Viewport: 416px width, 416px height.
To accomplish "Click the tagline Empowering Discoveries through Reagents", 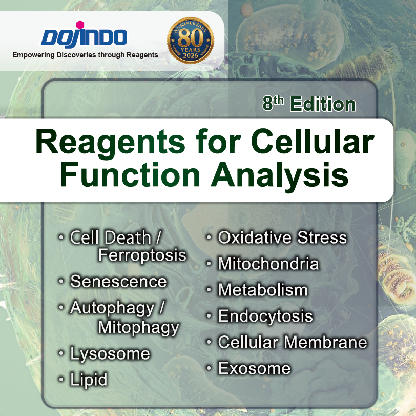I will coord(85,54).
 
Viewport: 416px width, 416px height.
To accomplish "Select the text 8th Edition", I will coord(309,104).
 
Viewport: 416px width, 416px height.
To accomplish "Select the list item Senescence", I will coord(118,281).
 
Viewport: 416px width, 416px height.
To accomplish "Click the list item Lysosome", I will coord(110,353).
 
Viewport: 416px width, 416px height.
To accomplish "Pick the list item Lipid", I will coord(89,380).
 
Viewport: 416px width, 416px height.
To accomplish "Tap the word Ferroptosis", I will coord(142,255).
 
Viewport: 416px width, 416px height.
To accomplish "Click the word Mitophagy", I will coord(138,327).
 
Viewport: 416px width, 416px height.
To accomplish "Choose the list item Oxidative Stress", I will coord(282,238).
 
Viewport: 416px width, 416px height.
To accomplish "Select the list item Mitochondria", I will coord(268,264).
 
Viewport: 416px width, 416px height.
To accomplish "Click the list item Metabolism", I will coord(263,290).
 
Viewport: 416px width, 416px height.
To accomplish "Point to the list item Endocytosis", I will coord(265,316).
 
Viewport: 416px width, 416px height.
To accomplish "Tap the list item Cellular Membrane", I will coord(293,342).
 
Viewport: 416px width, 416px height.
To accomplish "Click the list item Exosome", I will coord(254,368).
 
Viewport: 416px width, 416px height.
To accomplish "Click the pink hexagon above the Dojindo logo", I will coord(79,25).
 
